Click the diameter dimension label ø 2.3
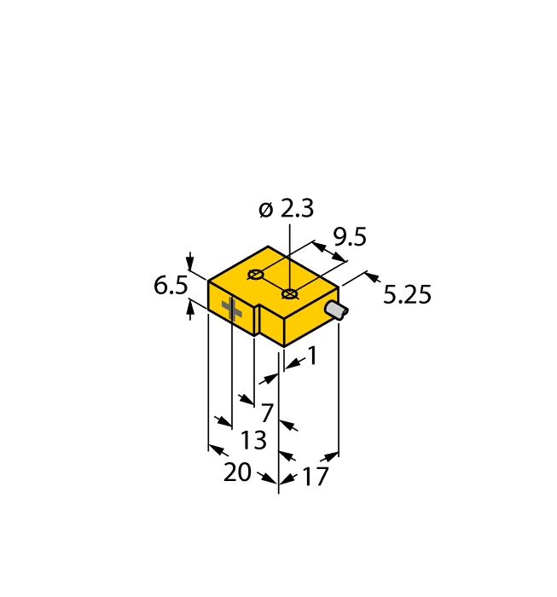click(286, 209)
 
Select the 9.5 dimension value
click(349, 236)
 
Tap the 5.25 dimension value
click(407, 295)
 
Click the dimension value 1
click(312, 356)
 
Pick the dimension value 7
click(267, 413)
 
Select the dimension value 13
click(253, 440)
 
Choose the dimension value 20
click(237, 472)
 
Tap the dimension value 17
click(315, 477)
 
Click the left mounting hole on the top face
click(254, 275)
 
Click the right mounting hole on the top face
click(290, 294)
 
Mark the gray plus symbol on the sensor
click(232, 310)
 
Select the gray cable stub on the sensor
click(338, 310)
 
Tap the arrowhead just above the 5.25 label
click(372, 277)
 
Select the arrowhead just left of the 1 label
click(291, 364)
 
